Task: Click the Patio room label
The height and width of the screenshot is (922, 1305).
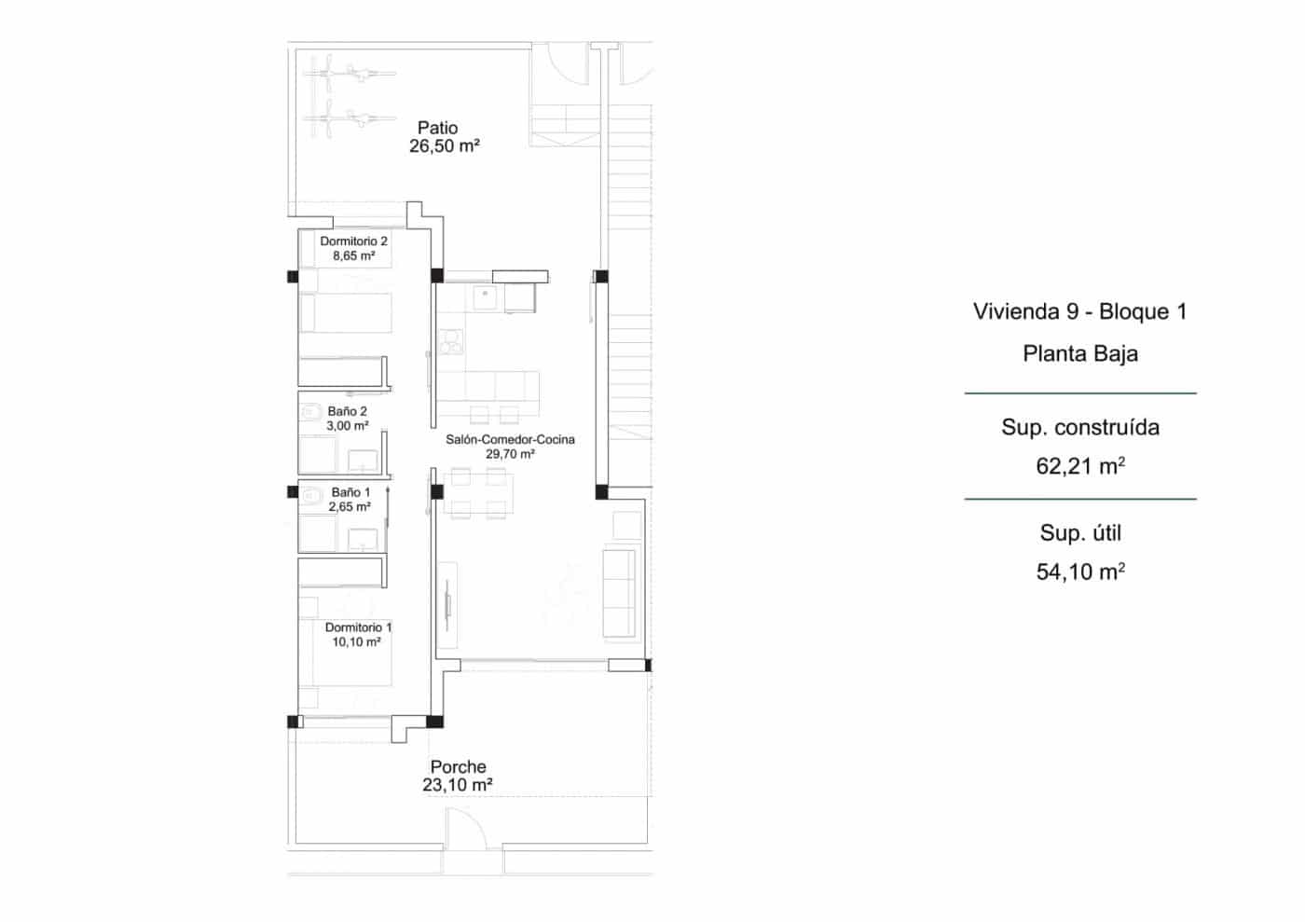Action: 437,128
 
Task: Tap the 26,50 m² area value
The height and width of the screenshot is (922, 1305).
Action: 444,146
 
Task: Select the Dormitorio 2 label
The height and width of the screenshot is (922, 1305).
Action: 353,241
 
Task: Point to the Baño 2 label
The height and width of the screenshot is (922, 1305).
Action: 347,411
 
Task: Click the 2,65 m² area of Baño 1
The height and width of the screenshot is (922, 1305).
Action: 349,507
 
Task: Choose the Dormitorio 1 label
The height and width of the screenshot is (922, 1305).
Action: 358,627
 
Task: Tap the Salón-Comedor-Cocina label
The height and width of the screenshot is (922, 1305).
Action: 510,439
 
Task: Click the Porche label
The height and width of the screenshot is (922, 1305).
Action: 458,766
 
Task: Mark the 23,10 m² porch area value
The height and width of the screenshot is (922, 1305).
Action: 457,785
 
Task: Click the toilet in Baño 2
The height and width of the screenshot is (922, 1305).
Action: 309,411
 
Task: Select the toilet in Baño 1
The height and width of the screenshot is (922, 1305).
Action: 309,494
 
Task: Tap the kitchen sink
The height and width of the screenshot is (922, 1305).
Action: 484,297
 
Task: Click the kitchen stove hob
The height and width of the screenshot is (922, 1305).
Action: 450,341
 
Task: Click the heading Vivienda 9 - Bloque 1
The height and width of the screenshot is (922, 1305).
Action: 1079,311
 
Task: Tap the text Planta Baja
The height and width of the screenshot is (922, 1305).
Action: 1079,353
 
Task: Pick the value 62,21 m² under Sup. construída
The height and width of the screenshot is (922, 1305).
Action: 1079,466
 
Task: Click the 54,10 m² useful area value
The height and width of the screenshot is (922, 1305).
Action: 1079,571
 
